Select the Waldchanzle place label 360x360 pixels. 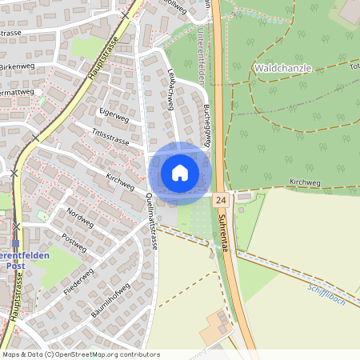pos(282,69)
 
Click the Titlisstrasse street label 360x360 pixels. pos(110,138)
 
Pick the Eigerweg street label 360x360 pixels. pos(113,116)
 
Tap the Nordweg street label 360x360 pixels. pos(80,217)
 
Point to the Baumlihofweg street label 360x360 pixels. pos(110,301)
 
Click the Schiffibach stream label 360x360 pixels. pos(326,294)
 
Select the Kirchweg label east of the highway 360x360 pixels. pos(305,182)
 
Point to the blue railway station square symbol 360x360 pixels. pos(15,243)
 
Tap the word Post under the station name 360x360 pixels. pos(16,265)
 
